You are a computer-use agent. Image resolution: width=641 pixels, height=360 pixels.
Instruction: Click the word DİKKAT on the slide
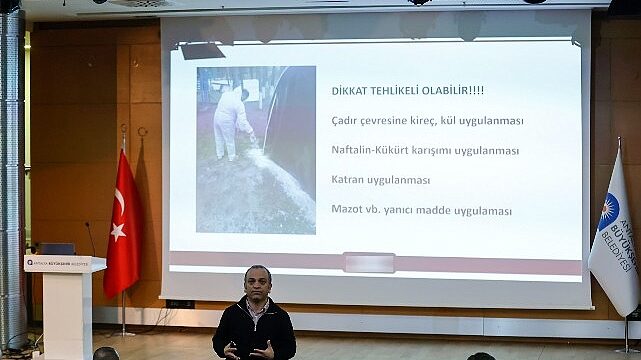(350, 91)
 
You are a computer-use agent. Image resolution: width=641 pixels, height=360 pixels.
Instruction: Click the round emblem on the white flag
(608, 211)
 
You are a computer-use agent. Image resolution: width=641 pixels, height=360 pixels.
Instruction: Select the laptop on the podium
(56, 248)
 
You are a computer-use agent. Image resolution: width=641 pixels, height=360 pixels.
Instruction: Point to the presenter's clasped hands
(247, 349)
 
